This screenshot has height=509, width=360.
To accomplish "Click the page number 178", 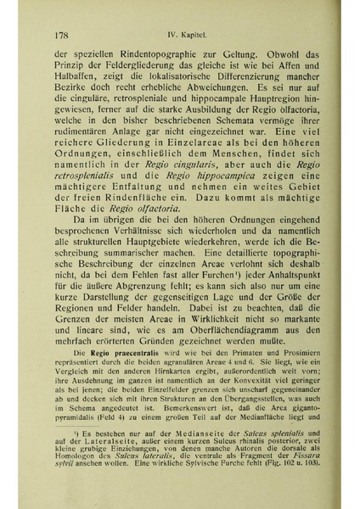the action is click(x=59, y=14).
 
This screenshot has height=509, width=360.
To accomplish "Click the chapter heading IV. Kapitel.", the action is click(x=191, y=14).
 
